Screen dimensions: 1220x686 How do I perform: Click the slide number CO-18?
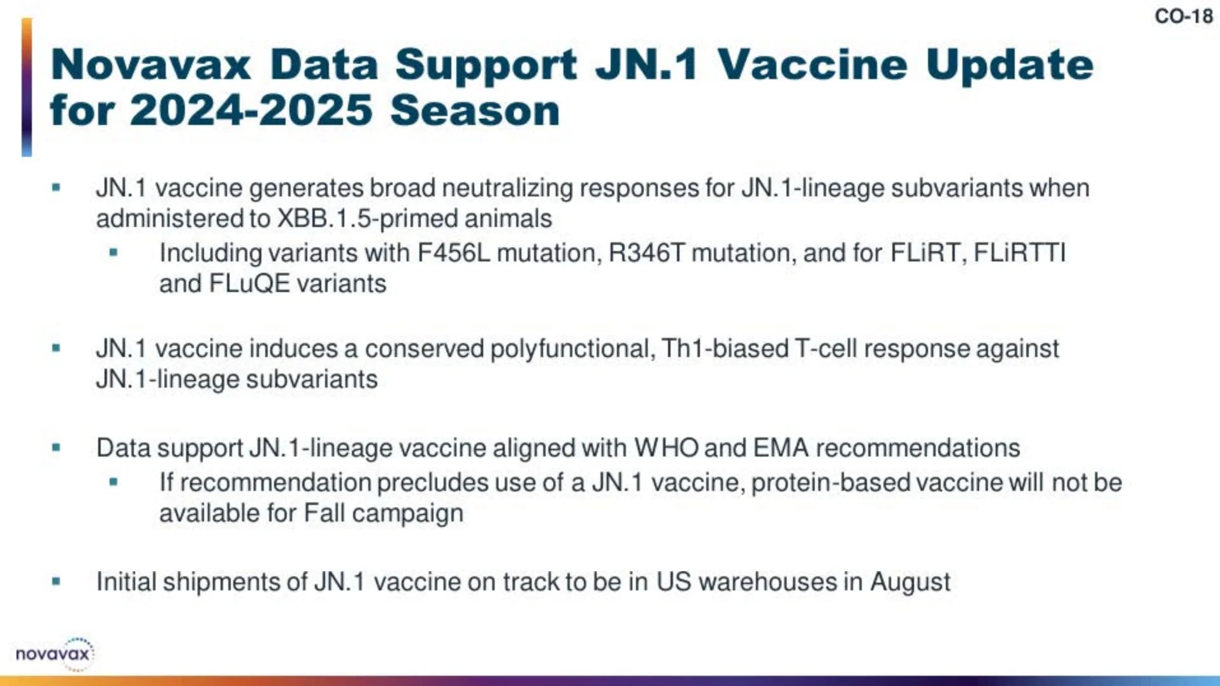click(x=1184, y=16)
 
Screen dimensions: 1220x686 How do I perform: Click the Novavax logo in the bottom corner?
click(x=55, y=653)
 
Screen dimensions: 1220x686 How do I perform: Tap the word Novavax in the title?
click(x=151, y=64)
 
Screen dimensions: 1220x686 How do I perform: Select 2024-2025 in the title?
click(x=251, y=110)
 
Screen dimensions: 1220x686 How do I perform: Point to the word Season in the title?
click(x=475, y=110)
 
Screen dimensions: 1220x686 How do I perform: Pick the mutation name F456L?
click(x=454, y=253)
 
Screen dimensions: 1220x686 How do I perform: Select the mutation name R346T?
click(x=646, y=253)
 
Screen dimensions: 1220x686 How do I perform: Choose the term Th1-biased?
click(x=725, y=349)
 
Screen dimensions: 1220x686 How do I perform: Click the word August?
click(x=910, y=583)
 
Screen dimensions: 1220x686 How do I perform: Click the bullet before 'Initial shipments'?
click(x=56, y=581)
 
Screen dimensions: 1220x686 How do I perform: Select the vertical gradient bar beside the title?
click(x=27, y=87)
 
